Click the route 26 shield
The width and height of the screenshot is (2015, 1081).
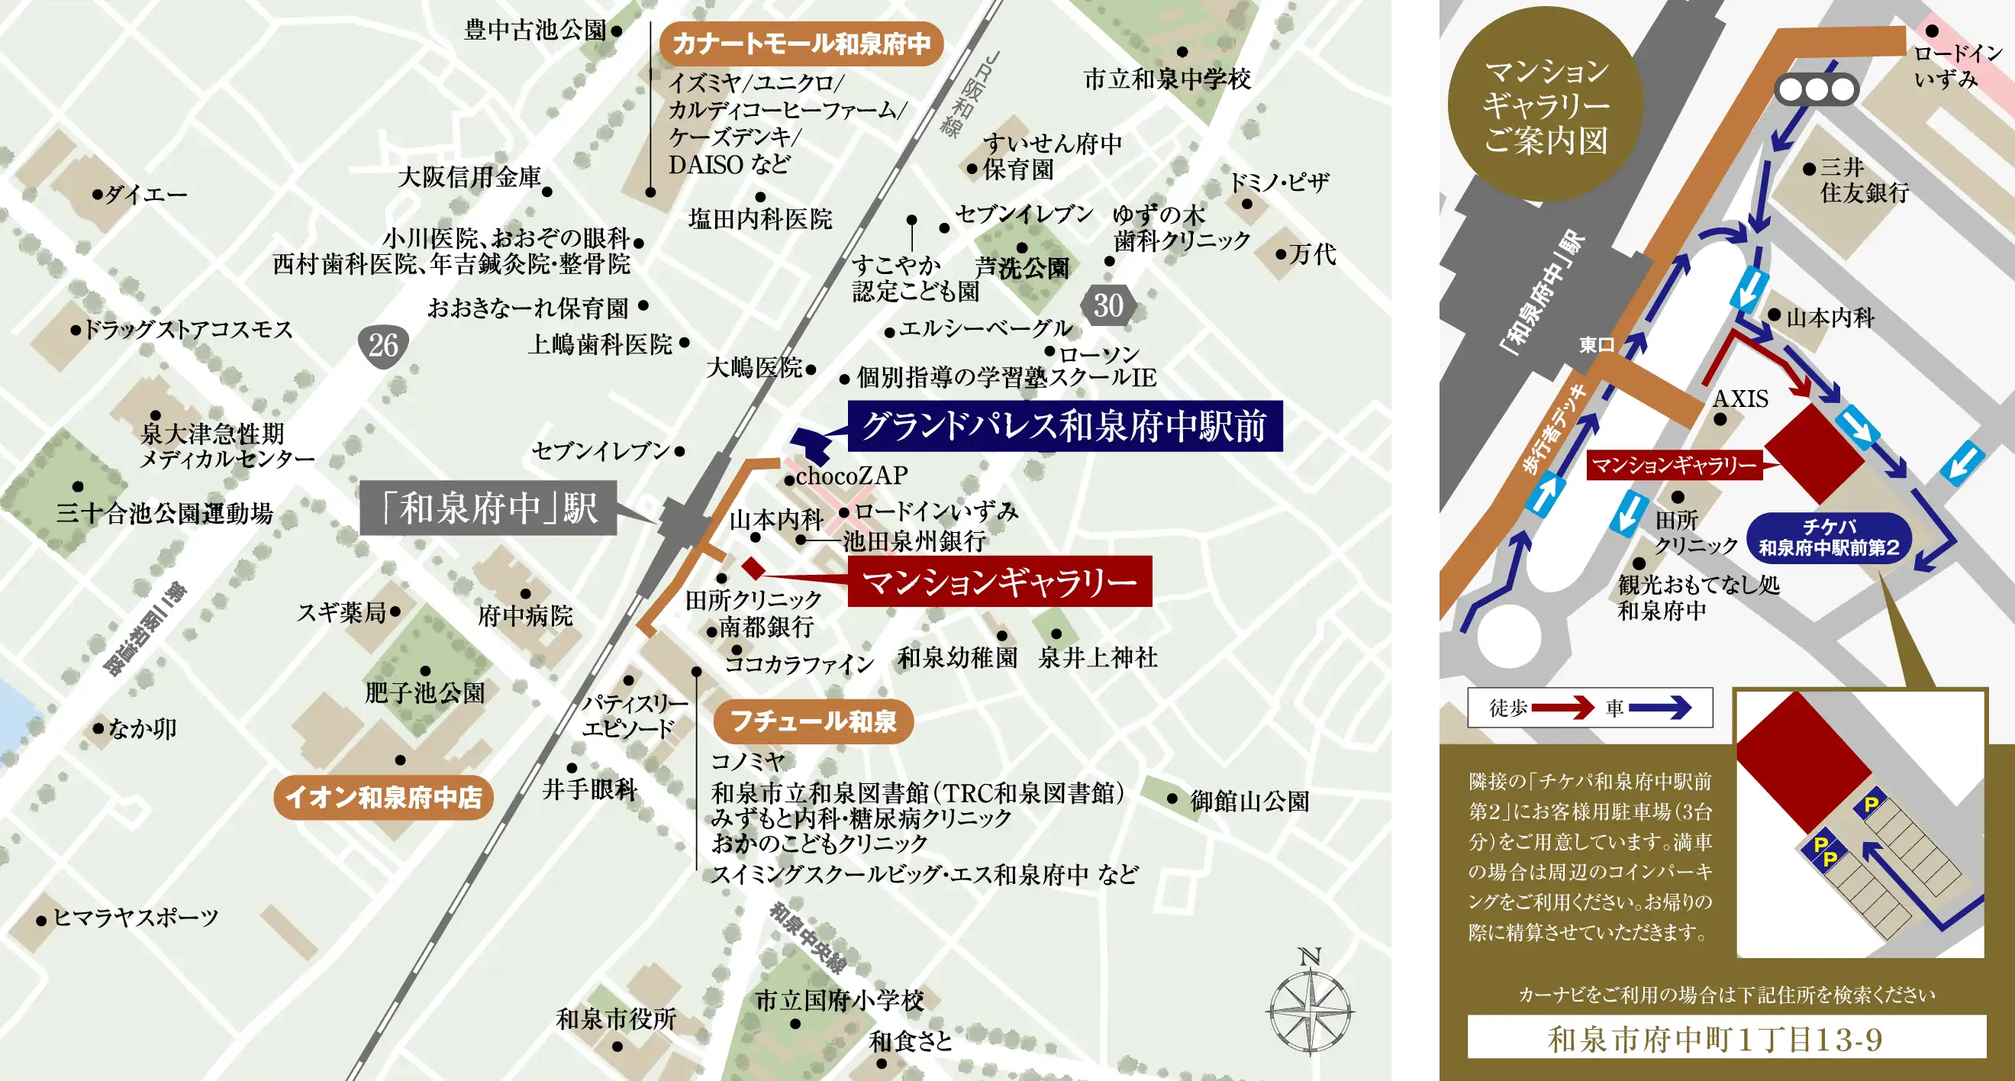(383, 345)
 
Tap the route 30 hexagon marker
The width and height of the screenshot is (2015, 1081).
(1108, 305)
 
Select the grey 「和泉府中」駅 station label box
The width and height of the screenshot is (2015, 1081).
(489, 508)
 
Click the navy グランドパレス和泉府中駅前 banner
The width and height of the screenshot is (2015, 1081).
(1065, 426)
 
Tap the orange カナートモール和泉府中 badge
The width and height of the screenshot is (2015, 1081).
(801, 44)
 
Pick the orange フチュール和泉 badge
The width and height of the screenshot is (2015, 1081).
(813, 721)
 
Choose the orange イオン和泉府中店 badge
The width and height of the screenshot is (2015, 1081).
(383, 797)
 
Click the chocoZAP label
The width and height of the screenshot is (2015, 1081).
(852, 476)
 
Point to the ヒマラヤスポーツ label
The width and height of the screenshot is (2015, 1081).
(135, 918)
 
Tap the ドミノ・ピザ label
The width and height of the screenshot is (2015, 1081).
(1279, 183)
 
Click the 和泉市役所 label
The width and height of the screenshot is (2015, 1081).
(616, 1019)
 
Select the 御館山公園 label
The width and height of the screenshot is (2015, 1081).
(1249, 801)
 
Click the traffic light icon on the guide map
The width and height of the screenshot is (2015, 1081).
(1817, 90)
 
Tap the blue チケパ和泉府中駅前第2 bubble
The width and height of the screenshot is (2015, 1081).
(1829, 537)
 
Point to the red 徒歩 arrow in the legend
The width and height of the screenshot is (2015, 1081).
(1562, 708)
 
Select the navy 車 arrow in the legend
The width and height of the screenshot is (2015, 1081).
(1660, 708)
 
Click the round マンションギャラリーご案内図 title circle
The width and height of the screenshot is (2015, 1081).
(1546, 105)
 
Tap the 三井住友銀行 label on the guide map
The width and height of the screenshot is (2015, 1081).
(1864, 180)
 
